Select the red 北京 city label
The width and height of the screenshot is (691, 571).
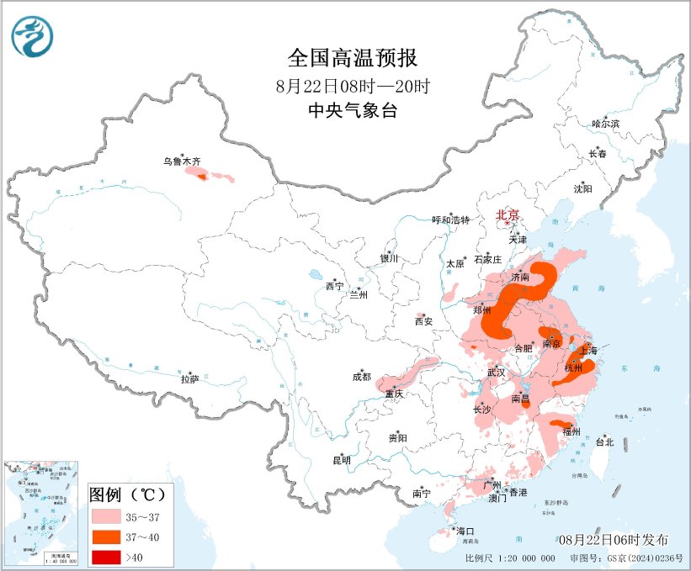pyautogui.click(x=508, y=214)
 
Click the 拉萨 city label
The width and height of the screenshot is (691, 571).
pyautogui.click(x=189, y=379)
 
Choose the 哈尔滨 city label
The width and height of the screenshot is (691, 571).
pyautogui.click(x=604, y=124)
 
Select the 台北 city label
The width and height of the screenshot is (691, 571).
pyautogui.click(x=604, y=441)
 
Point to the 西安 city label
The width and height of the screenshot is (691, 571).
pyautogui.click(x=423, y=321)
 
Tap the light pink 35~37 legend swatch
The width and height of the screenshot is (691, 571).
pyautogui.click(x=110, y=514)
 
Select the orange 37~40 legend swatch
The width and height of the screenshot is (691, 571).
pyautogui.click(x=110, y=535)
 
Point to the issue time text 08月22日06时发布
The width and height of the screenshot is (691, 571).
pyautogui.click(x=613, y=539)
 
